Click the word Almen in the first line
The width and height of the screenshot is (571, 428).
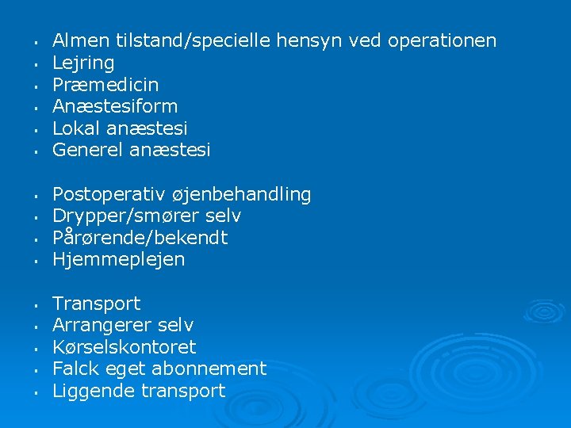[81, 40]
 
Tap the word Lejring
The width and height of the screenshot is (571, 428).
[83, 63]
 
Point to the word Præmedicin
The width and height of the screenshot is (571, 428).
[105, 84]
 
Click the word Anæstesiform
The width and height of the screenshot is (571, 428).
[115, 106]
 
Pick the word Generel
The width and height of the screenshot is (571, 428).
[87, 150]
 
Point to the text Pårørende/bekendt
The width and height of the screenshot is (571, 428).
[140, 237]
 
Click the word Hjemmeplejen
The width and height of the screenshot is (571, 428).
[118, 259]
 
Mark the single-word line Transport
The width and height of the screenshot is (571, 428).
[96, 304]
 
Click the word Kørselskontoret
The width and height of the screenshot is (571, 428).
[124, 347]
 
